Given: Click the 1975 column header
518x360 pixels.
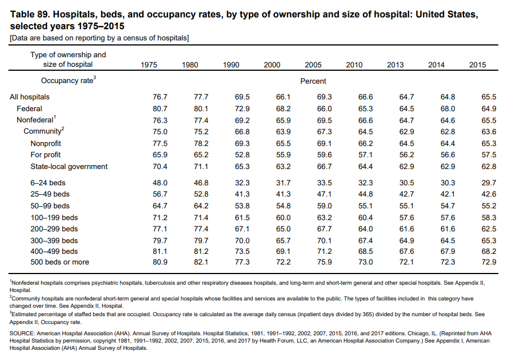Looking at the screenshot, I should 149,65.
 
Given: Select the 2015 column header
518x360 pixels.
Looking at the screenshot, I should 478,65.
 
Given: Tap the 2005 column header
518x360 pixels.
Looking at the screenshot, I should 313,65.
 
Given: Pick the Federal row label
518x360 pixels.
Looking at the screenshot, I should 29,108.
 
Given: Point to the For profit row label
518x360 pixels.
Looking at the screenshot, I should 46,154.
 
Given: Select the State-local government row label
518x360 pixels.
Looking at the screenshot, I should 69,166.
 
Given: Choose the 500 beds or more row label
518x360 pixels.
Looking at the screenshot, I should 60,262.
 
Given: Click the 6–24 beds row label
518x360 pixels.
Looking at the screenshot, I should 48,183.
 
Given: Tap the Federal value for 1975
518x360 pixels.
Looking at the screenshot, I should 160,108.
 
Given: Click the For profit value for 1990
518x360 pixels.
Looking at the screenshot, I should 243,154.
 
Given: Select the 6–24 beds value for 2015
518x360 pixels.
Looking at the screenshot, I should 489,183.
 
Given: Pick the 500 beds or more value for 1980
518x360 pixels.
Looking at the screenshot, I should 201,262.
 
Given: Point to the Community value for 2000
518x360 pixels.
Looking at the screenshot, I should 283,131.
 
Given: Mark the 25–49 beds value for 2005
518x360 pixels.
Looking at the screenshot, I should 325,194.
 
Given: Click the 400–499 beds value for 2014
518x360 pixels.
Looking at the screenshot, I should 448,251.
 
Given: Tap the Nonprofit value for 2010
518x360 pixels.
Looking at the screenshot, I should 366,143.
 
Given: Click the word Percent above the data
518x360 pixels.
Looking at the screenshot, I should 313,81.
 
